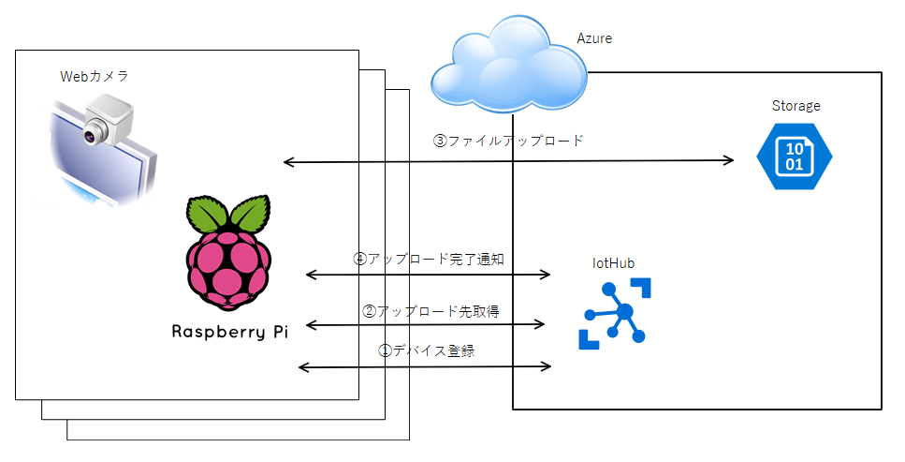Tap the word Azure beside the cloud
594,38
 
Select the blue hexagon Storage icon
794,156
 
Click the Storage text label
796,106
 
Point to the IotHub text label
612,263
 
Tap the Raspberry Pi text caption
228,331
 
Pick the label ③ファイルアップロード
507,142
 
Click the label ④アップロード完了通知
429,259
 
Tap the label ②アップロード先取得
429,309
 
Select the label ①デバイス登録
426,350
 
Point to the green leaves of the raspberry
228,215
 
